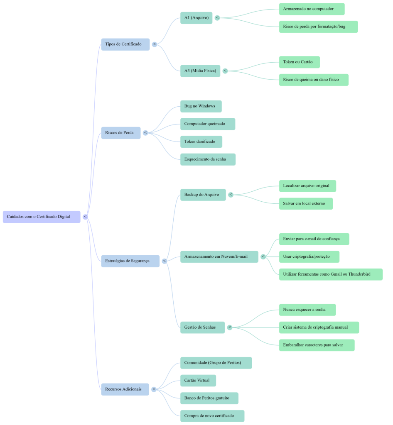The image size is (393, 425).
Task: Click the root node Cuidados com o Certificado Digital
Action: (42, 217)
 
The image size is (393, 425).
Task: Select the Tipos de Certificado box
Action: (125, 44)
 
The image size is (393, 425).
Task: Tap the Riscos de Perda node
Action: (120, 133)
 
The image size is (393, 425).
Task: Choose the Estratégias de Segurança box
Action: (130, 261)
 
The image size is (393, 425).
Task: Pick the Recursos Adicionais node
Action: (125, 389)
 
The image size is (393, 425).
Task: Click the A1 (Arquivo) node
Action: (196, 18)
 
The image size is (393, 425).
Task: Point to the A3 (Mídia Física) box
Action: (200, 71)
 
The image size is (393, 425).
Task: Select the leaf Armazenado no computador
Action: (312, 9)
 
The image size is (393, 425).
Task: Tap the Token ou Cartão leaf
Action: (299, 62)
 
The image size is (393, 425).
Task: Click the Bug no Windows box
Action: (201, 106)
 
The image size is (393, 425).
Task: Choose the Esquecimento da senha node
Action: (208, 159)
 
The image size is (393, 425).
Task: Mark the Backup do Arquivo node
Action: (203, 195)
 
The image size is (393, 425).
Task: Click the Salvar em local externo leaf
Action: (305, 204)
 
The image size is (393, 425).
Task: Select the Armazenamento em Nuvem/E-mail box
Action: (219, 257)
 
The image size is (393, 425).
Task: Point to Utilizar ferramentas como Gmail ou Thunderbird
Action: (330, 274)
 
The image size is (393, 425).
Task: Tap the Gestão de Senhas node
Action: (202, 327)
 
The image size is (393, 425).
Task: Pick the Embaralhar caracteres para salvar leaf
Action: (317, 345)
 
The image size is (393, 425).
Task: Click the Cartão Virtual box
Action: (198, 381)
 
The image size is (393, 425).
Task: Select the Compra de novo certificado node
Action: (212, 416)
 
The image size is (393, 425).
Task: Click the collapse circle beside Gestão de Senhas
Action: (230, 327)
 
